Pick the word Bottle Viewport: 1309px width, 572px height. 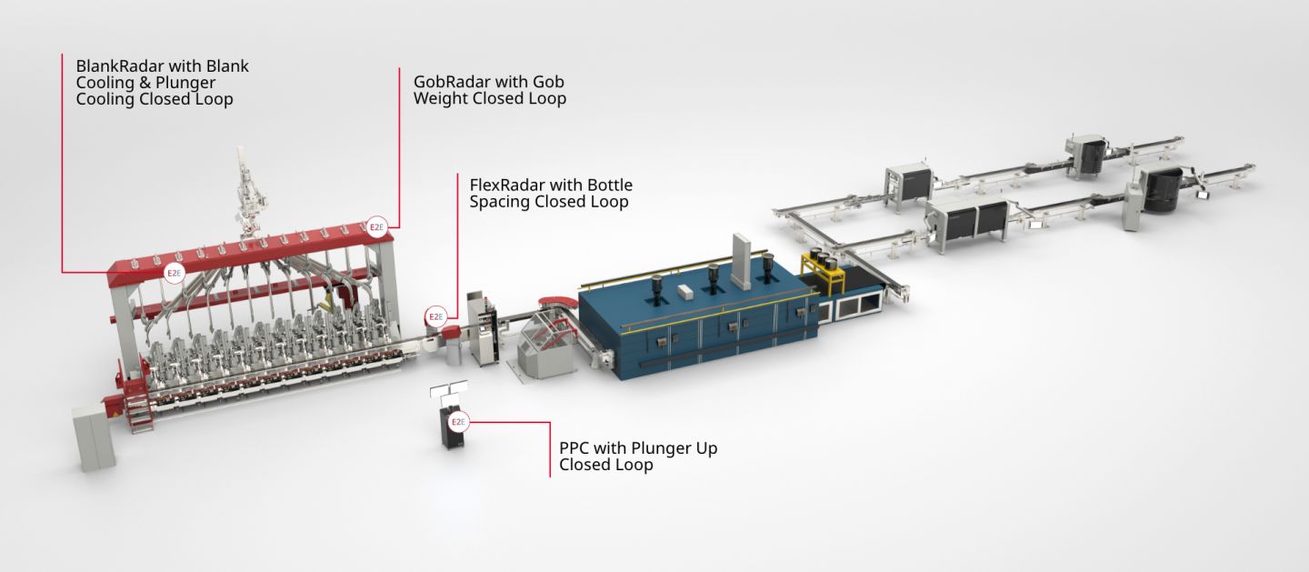point(610,185)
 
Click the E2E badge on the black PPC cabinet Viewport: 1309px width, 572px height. point(458,422)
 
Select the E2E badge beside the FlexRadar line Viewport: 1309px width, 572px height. point(435,317)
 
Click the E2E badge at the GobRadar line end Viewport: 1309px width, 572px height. point(377,227)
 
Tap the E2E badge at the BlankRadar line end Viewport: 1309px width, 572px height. point(174,273)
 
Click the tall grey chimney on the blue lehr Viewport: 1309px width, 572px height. point(742,260)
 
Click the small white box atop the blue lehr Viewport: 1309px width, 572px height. point(684,292)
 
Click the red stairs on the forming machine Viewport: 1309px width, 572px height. point(140,411)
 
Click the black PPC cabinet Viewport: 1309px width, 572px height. point(452,426)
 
